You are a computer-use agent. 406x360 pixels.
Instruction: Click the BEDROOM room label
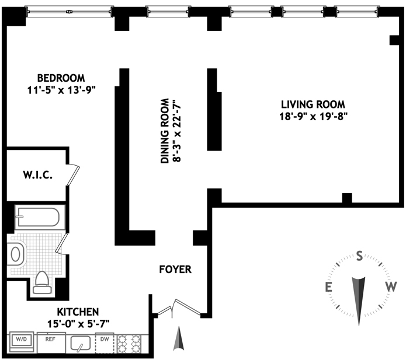coord(61,78)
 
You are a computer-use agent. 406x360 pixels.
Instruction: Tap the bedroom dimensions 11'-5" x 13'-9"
coord(61,90)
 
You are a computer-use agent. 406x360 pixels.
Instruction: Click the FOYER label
coord(175,270)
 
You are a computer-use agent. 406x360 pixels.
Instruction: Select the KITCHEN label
coord(78,312)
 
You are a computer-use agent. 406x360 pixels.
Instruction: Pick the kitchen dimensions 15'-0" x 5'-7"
coord(78,323)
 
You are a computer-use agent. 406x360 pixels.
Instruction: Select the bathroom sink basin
coord(15,254)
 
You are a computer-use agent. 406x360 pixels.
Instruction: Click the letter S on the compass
coord(359,255)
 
